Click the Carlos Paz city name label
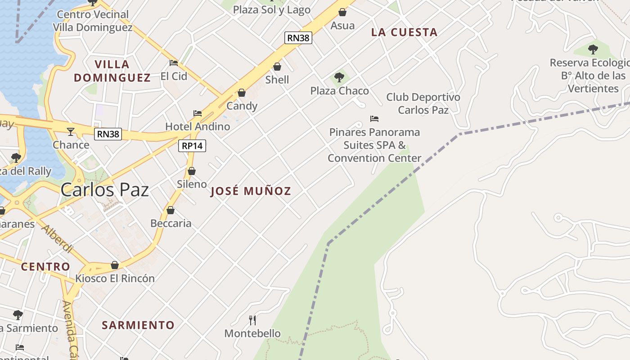tap(104, 189)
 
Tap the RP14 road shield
tap(192, 146)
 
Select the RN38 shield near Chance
tap(108, 134)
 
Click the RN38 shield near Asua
tap(298, 38)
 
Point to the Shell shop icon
tap(277, 67)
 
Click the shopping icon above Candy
tap(242, 93)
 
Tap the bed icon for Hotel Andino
tap(197, 113)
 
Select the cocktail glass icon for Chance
tap(71, 132)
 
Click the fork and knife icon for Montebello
tap(252, 320)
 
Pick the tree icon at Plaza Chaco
tap(339, 77)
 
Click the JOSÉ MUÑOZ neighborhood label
tap(251, 191)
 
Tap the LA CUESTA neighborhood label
tap(404, 32)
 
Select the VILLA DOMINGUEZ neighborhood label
tap(112, 71)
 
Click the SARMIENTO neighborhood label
tap(138, 325)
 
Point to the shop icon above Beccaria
tap(171, 210)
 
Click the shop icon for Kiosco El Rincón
tap(115, 265)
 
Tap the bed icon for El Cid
tap(174, 63)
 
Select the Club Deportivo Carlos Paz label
tap(423, 103)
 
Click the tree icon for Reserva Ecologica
tap(593, 49)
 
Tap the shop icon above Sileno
tap(192, 171)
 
